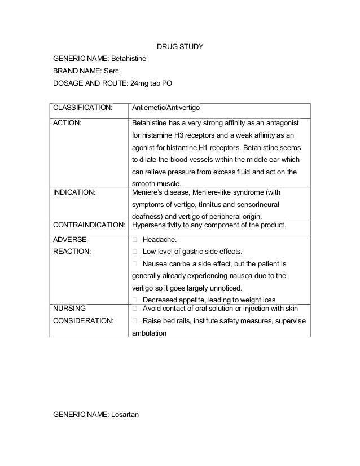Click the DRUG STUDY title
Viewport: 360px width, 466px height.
click(x=179, y=45)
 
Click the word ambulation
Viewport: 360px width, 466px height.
click(x=149, y=333)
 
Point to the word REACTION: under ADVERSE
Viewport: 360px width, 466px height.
click(x=72, y=251)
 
